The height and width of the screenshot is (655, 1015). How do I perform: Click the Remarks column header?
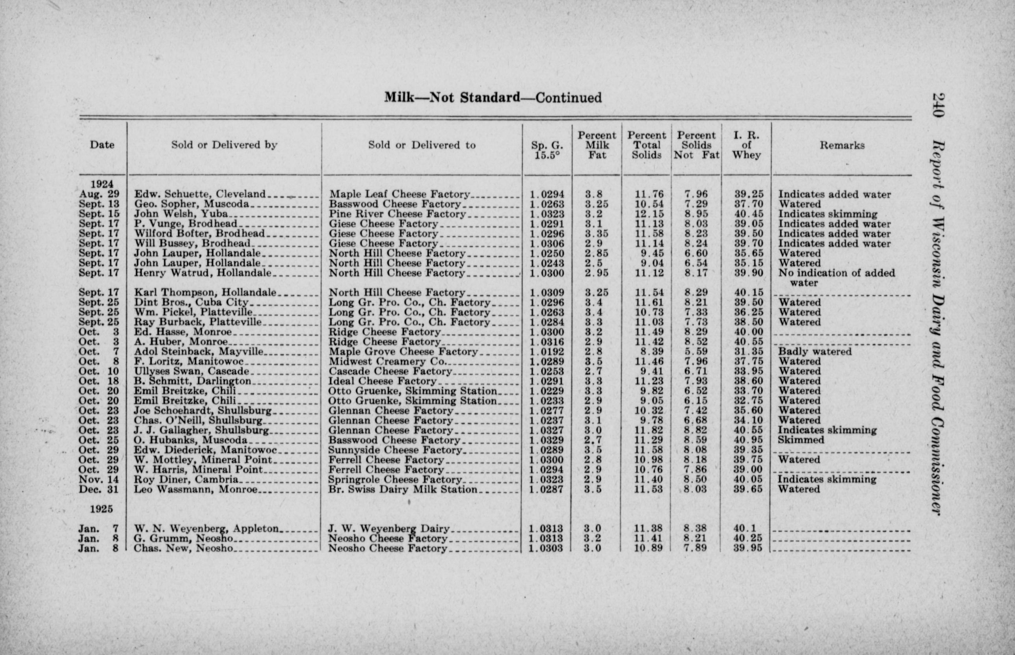(842, 145)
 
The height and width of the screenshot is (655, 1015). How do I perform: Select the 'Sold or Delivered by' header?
(224, 145)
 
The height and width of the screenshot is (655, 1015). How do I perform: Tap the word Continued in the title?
(568, 98)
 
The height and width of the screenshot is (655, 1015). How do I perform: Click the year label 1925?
(101, 509)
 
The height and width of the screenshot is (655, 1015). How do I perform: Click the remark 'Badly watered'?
(814, 352)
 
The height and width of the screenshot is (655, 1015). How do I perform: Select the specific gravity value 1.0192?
(547, 352)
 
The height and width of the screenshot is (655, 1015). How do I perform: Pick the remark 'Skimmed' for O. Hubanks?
(801, 440)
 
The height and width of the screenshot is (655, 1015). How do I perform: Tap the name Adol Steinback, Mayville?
(199, 352)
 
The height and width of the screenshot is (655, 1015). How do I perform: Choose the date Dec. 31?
(99, 490)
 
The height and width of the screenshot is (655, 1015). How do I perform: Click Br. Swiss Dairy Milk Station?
(402, 490)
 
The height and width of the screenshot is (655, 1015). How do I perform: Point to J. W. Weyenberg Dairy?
(389, 529)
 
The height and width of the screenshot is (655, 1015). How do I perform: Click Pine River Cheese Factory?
(397, 214)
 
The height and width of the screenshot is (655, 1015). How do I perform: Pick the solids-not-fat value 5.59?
(696, 352)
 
